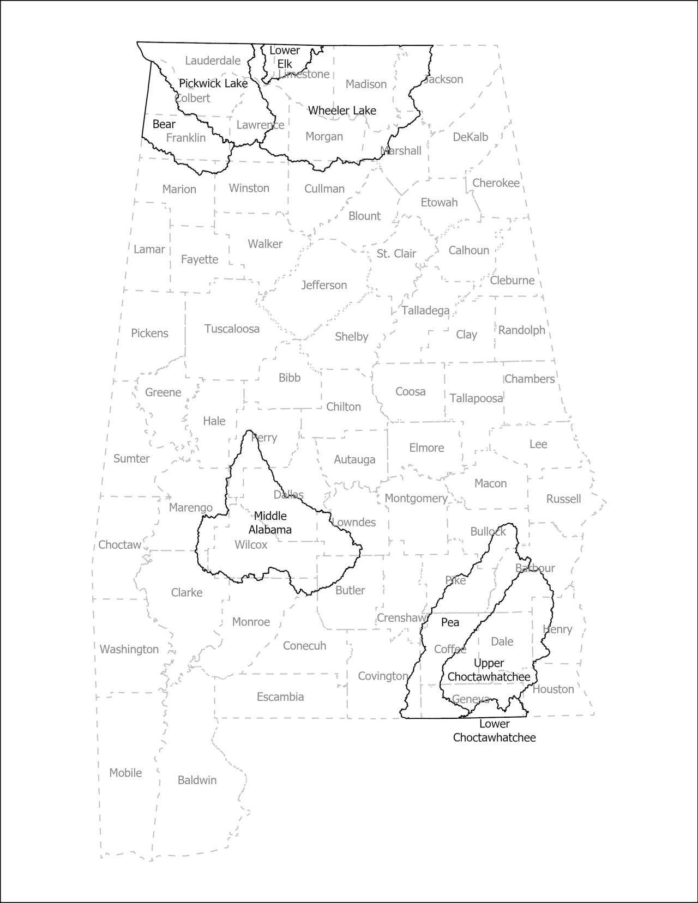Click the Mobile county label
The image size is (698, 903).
[x=125, y=772]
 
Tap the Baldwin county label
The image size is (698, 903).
[x=197, y=780]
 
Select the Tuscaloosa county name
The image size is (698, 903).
[x=232, y=329]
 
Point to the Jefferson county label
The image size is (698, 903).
[x=324, y=285]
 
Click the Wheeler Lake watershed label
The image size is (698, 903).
[x=342, y=111]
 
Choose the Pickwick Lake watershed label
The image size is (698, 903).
[x=213, y=83]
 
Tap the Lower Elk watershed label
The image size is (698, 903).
[x=285, y=57]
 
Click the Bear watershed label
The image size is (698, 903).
[x=164, y=124]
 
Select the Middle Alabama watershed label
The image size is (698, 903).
[x=270, y=522]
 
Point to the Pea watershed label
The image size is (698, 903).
[x=450, y=622]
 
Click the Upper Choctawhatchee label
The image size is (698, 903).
[x=489, y=670]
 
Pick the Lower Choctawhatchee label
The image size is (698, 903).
[x=495, y=731]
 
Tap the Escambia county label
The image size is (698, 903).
[x=280, y=696]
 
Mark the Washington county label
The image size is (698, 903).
[x=129, y=649]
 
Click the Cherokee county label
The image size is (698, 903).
[x=496, y=183]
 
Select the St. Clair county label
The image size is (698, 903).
[x=396, y=253]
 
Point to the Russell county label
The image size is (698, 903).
[x=563, y=499]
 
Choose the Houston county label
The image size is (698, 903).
[x=553, y=689]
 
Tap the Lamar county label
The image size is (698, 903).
[x=149, y=249]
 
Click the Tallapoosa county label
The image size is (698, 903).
[x=476, y=398]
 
